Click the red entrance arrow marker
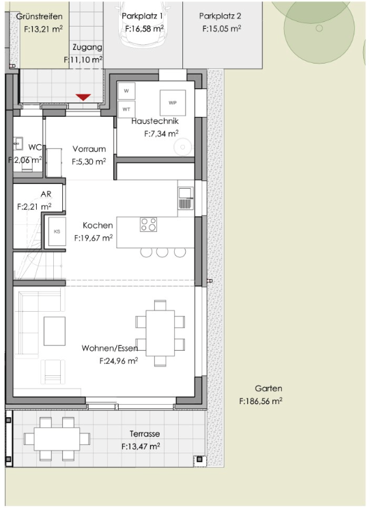[x=83, y=97]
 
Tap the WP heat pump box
[x=173, y=103]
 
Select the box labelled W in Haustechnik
[x=126, y=91]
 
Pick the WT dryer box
[x=126, y=109]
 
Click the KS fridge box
[x=57, y=231]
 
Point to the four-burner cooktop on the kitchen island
[x=148, y=224]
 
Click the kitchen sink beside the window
[x=185, y=198]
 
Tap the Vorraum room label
[x=89, y=149]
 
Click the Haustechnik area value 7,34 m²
[x=161, y=133]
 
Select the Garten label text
[x=268, y=388]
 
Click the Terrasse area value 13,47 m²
[x=141, y=446]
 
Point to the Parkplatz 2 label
[x=220, y=16]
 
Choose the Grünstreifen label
[x=39, y=16]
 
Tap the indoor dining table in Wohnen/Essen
[x=160, y=334]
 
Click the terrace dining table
[x=57, y=439]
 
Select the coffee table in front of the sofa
[x=55, y=331]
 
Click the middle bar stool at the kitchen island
[x=162, y=252]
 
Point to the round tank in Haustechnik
[x=183, y=148]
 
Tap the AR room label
[x=46, y=194]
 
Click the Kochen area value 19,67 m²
[x=94, y=238]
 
